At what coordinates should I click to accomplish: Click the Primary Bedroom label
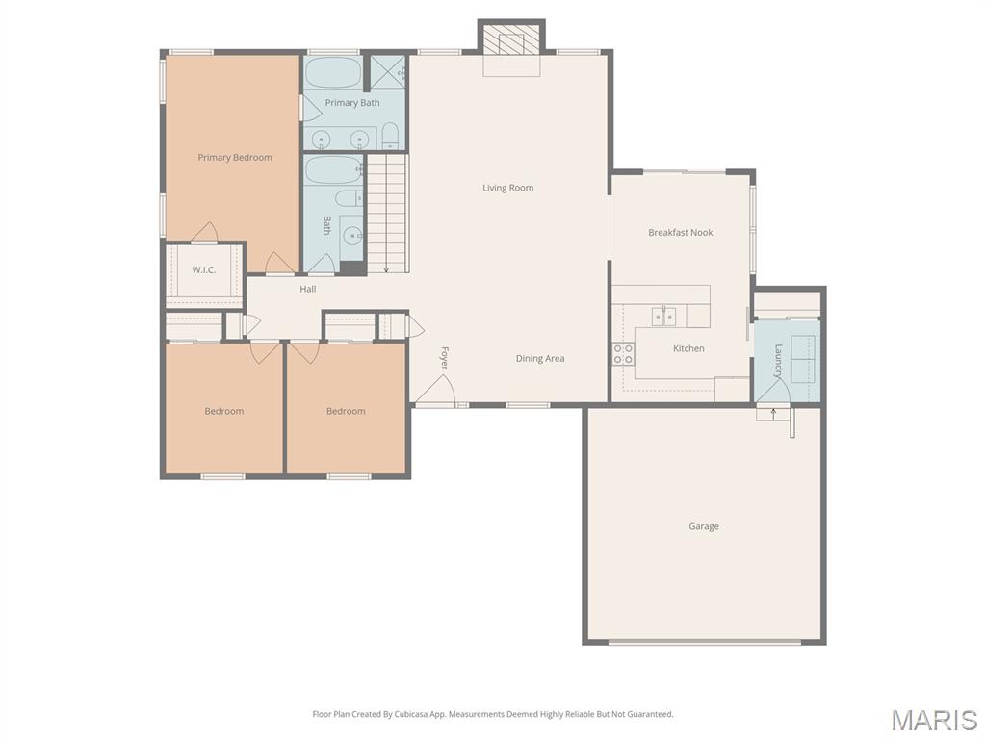coord(235,157)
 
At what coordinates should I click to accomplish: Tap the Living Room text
coord(507,188)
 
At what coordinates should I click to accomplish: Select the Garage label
coord(703,526)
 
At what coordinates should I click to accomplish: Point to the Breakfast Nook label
coord(680,232)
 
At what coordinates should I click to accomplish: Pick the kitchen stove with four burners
coord(622,353)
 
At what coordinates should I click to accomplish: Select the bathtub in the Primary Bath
coord(332,71)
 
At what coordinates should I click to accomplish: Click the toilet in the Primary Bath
coord(390,136)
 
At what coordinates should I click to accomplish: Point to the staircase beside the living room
coord(388,214)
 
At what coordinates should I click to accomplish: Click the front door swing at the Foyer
coord(436,389)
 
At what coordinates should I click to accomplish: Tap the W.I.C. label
coord(203,269)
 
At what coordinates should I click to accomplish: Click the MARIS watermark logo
coord(933,720)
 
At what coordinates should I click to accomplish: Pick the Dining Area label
coord(539,358)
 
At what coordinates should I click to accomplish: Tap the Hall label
coord(307,289)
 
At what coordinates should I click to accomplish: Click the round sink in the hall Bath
coord(352,235)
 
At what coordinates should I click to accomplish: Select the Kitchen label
coord(688,348)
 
